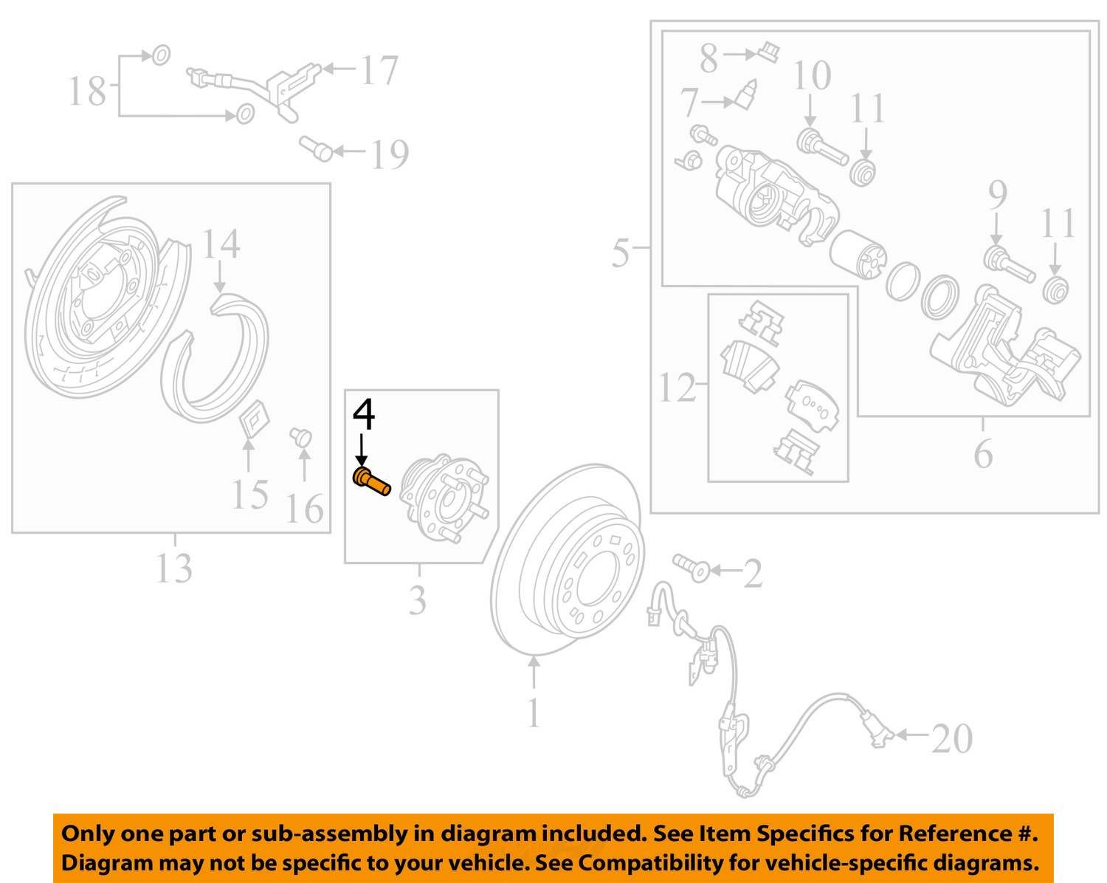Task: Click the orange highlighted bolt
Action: tap(371, 481)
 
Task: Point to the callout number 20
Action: tap(951, 739)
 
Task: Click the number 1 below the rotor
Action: tap(534, 712)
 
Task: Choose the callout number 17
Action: tap(379, 70)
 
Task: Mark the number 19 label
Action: tap(390, 154)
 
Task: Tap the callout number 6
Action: tap(983, 454)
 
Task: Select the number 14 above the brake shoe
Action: tap(221, 244)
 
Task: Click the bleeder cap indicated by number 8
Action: tap(768, 52)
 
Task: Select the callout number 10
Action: tap(813, 75)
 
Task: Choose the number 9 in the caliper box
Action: tap(998, 195)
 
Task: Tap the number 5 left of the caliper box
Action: tap(621, 252)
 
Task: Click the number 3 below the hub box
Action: tap(417, 599)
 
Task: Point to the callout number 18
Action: tap(87, 91)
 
